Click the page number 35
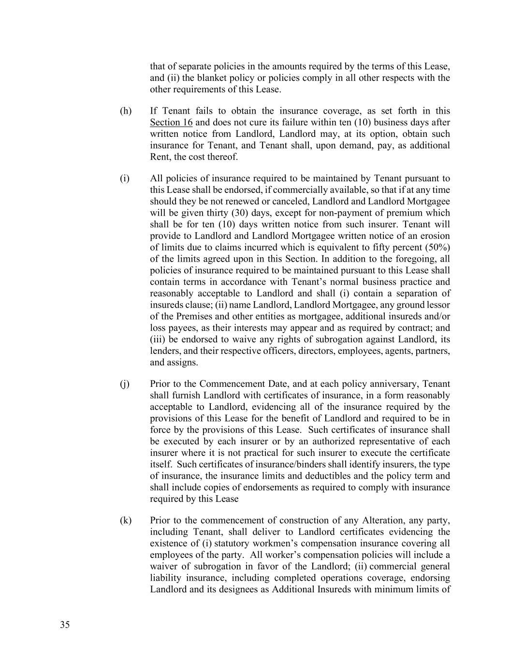click(65, 625)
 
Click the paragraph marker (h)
click(126, 111)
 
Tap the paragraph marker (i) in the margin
click(125, 178)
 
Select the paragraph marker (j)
click(125, 384)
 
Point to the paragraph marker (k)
click(126, 520)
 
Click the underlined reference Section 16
click(171, 122)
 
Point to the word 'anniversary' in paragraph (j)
click(394, 384)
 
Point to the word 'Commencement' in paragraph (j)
click(232, 384)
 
